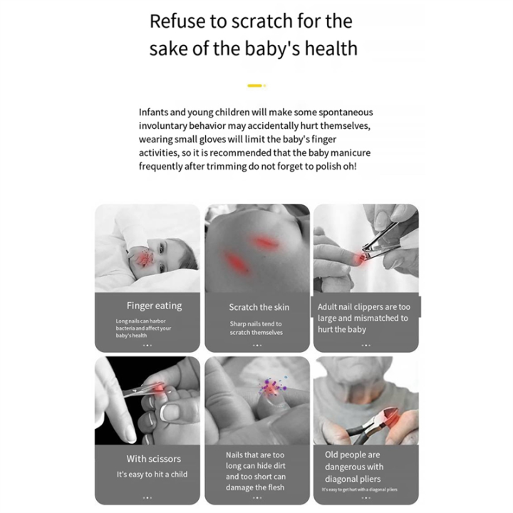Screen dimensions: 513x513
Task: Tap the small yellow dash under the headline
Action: point(255,85)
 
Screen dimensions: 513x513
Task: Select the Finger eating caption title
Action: point(154,306)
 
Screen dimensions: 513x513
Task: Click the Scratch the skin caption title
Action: point(259,307)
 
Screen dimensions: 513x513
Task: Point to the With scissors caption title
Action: point(153,459)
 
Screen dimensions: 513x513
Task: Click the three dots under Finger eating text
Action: point(147,345)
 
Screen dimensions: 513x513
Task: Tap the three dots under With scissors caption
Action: point(147,497)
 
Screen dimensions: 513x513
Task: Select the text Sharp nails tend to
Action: point(256,323)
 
